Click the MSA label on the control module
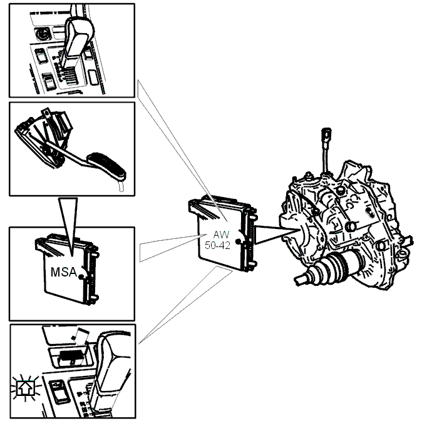[64, 272]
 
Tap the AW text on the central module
[221, 235]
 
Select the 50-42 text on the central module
[217, 245]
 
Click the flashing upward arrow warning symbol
[26, 388]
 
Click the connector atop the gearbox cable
[326, 135]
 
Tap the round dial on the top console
[42, 34]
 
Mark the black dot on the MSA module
[81, 276]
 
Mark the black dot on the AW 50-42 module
[237, 241]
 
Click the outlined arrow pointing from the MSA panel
[170, 247]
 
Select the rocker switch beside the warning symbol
[58, 390]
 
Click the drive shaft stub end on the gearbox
[301, 280]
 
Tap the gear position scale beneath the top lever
[69, 75]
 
